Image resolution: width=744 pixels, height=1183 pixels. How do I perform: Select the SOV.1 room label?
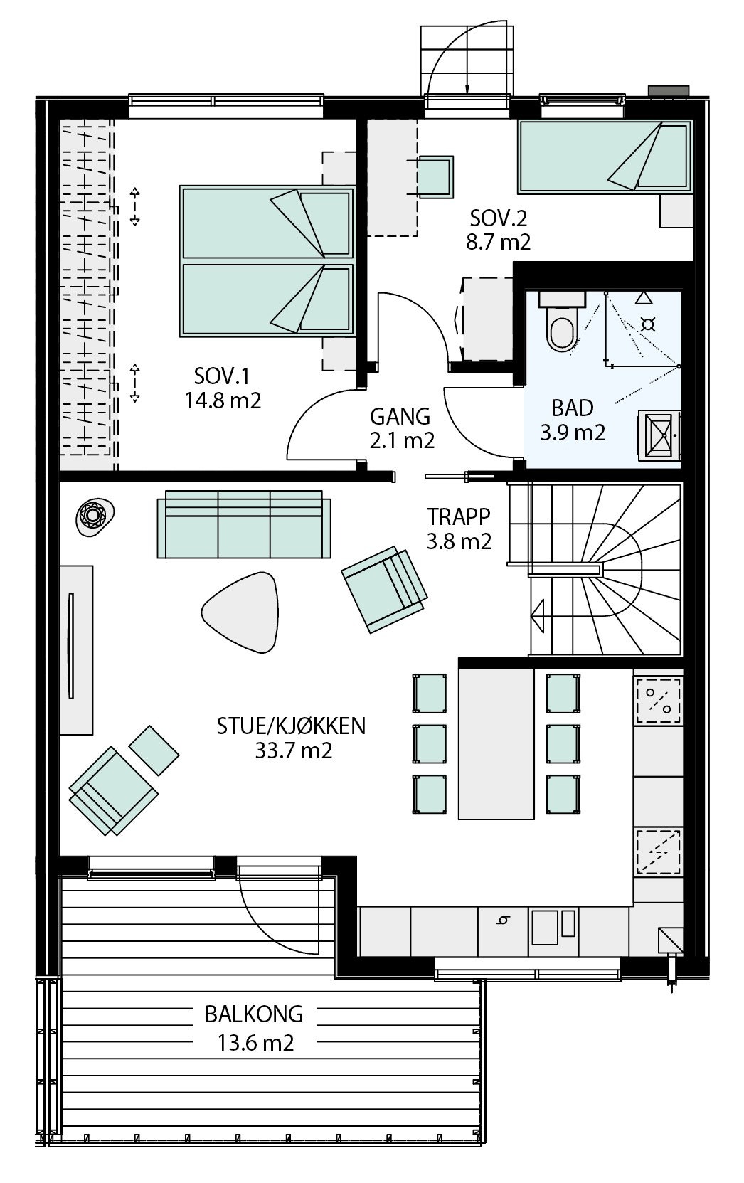[222, 375]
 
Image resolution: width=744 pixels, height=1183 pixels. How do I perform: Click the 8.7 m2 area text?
[498, 242]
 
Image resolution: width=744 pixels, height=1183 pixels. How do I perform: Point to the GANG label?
[400, 416]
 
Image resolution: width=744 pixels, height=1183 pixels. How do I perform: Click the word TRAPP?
[459, 516]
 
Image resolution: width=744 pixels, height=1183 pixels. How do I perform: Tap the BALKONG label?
[254, 1013]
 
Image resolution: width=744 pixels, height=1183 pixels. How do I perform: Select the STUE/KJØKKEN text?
[291, 726]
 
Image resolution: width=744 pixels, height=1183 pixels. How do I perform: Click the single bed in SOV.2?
[605, 157]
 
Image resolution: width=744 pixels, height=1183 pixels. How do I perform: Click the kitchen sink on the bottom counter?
[545, 928]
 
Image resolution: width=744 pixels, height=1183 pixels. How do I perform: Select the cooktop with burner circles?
[657, 699]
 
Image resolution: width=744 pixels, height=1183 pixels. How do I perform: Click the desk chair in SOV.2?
[435, 176]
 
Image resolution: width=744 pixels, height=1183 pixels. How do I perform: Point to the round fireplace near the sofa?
[93, 514]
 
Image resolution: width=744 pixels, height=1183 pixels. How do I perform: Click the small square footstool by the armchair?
[154, 750]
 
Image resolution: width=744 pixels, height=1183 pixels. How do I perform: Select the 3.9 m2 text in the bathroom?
[573, 432]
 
